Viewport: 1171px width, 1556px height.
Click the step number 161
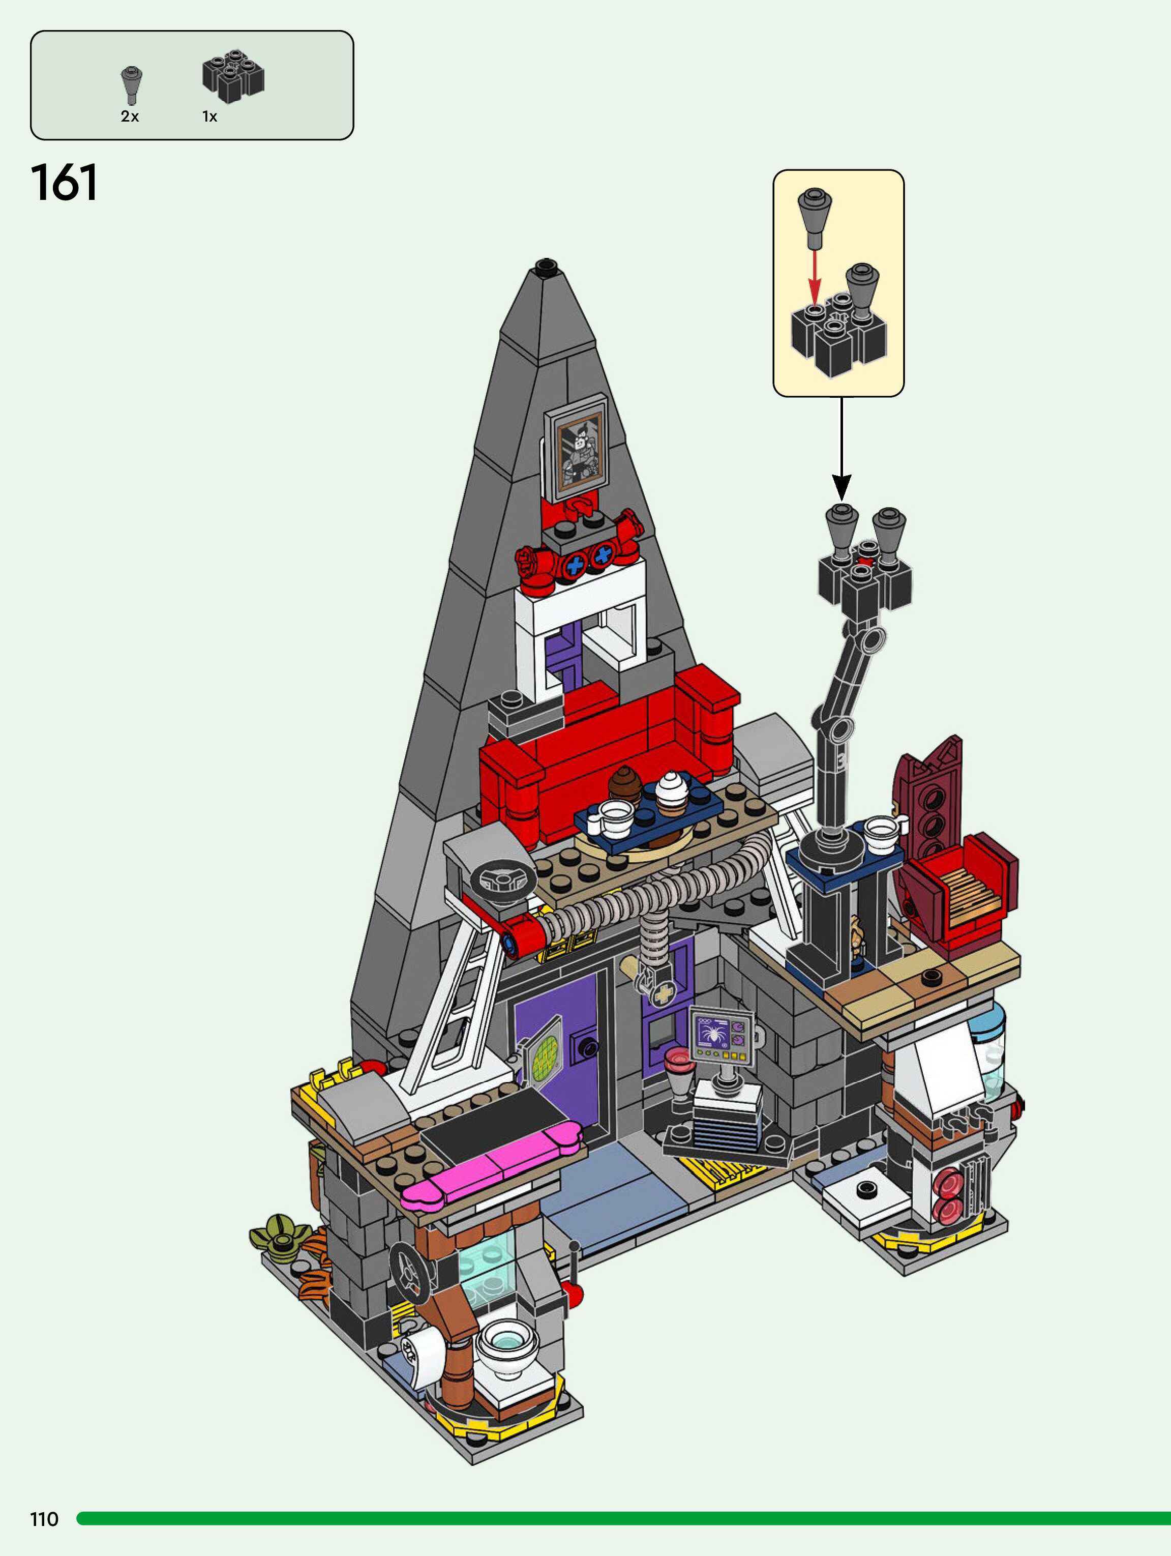pyautogui.click(x=64, y=183)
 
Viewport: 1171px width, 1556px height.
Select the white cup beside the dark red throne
pyautogui.click(x=881, y=831)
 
